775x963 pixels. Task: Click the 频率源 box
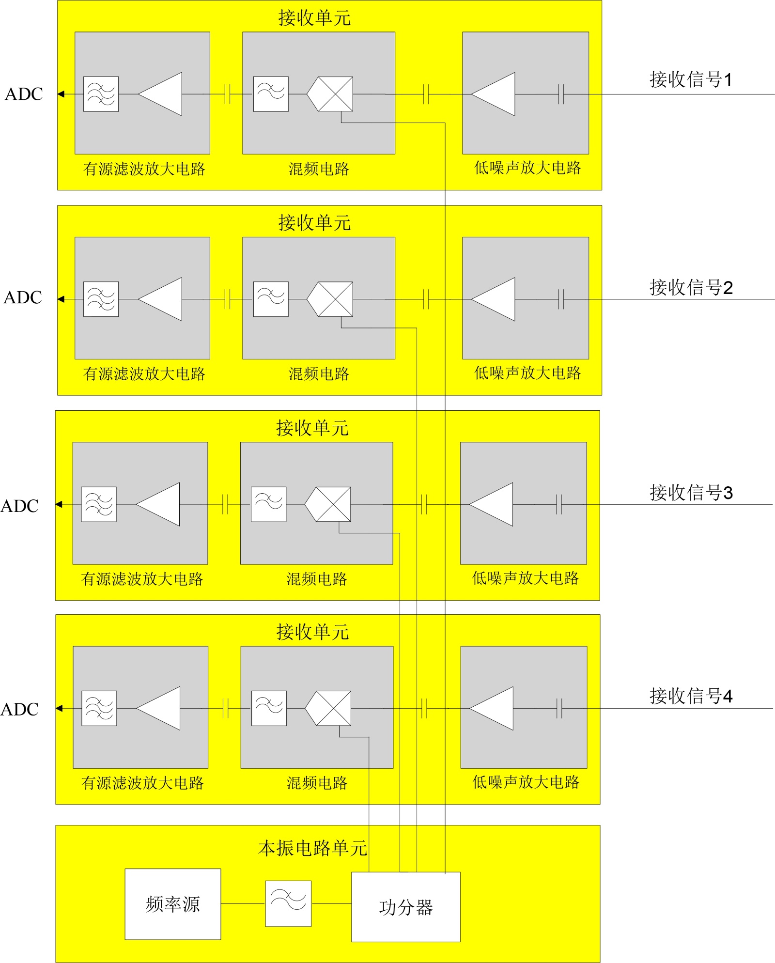coord(173,904)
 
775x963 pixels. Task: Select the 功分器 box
coord(405,907)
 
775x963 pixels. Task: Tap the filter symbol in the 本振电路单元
coord(288,903)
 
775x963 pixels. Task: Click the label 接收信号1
coord(690,79)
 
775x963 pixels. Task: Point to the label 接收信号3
coord(691,493)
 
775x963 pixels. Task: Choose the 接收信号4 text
coord(691,696)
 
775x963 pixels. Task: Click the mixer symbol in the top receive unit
coord(331,94)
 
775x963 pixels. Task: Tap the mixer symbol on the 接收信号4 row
coord(329,708)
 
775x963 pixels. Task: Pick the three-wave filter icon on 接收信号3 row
coord(99,504)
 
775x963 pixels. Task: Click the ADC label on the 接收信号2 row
coord(23,297)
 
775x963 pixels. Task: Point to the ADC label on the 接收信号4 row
coord(20,709)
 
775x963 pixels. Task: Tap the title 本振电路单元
coord(312,848)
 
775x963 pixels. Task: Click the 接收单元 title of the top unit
coord(314,18)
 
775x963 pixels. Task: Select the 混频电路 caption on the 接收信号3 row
coord(317,579)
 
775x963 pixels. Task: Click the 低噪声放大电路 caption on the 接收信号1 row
coord(527,168)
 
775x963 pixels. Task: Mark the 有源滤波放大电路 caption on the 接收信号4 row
coord(142,783)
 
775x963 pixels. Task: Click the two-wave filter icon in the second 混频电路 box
coord(271,299)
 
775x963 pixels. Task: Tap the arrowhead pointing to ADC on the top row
coord(61,94)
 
